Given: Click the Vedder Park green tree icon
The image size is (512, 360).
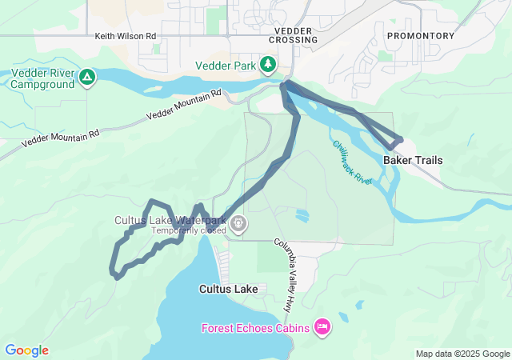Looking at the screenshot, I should [270, 64].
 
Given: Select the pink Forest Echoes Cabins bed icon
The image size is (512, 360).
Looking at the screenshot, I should [323, 326].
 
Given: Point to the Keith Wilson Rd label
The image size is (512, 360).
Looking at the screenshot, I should [126, 37].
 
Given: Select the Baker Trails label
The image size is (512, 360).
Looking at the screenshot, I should [413, 160].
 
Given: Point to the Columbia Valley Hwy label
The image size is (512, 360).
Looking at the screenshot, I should [286, 274].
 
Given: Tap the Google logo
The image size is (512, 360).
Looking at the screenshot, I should [26, 350].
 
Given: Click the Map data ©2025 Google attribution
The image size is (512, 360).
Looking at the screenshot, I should [462, 354].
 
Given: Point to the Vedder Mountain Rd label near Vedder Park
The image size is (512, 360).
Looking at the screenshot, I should [184, 106].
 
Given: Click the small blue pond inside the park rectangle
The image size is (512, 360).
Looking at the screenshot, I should [302, 215].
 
